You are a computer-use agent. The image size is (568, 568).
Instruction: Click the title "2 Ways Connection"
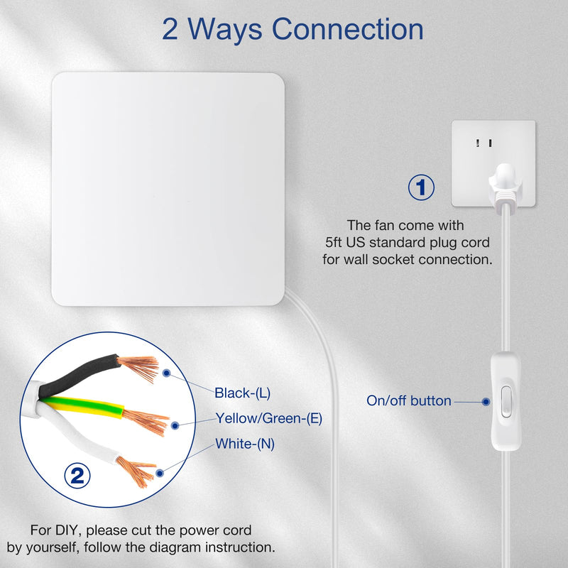pos(293,30)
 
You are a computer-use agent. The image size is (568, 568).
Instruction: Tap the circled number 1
pos(421,187)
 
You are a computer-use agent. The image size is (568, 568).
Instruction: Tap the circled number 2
pos(77,476)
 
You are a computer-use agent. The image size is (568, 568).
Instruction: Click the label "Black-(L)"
pos(242,393)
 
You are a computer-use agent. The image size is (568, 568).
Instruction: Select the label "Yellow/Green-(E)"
pos(269,418)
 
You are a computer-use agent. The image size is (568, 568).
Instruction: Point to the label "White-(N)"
pos(245,444)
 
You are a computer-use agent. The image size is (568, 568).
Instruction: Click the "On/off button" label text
pos(409,400)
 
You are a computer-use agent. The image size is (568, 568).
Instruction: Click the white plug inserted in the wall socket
pos(506,185)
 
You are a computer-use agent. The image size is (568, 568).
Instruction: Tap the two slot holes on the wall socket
pos(484,143)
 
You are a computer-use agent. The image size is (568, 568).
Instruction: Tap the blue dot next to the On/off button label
pos(486,401)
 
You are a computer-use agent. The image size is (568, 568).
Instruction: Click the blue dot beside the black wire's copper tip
pos(166,373)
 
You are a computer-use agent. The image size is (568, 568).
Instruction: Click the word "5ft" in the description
pos(333,242)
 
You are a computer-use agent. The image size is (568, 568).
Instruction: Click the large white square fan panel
pos(168,189)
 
